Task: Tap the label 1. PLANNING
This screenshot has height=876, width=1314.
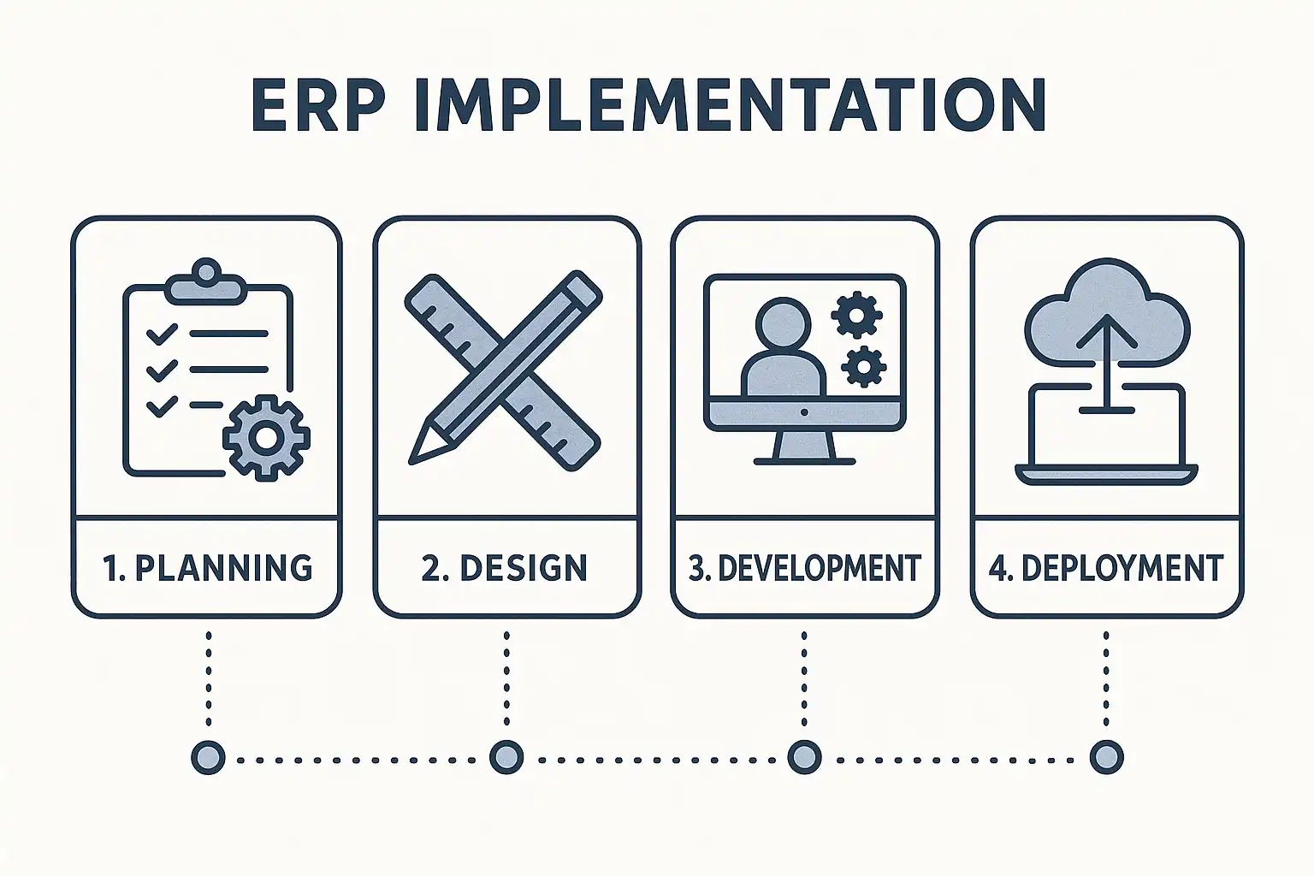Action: pos(207,568)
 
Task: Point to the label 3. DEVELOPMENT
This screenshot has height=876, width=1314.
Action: pos(804,568)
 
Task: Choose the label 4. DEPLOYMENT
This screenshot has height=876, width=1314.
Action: pos(1105,568)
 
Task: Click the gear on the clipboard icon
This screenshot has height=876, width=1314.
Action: pos(266,437)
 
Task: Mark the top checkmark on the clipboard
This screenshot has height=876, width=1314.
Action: pos(161,334)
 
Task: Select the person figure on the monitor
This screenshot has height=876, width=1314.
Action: pos(783,351)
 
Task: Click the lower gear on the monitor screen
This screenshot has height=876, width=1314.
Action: pos(863,367)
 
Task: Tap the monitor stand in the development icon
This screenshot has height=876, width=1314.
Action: pos(804,445)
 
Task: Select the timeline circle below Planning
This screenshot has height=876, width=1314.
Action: pos(208,757)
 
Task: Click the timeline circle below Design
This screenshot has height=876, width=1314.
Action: pos(506,757)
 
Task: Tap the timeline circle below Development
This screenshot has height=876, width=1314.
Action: pos(803,757)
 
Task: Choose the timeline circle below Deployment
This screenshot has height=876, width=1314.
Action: pos(1106,757)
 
